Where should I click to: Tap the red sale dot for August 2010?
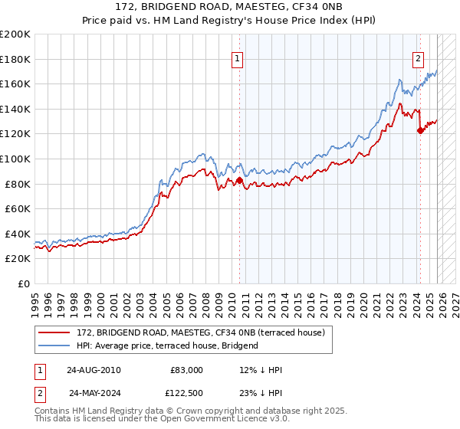(239, 181)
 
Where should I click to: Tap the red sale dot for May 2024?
(420, 131)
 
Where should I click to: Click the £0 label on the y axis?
(25, 283)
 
